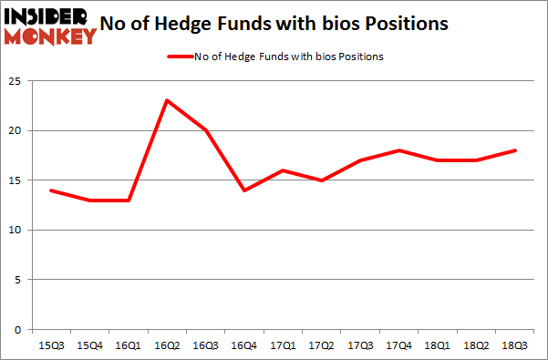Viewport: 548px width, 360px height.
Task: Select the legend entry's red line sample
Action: point(179,57)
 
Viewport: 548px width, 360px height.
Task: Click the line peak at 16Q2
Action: point(167,100)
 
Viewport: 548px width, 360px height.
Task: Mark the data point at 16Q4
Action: point(245,190)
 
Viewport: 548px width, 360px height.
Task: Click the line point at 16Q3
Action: point(206,130)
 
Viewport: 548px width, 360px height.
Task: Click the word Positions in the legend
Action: point(361,57)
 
